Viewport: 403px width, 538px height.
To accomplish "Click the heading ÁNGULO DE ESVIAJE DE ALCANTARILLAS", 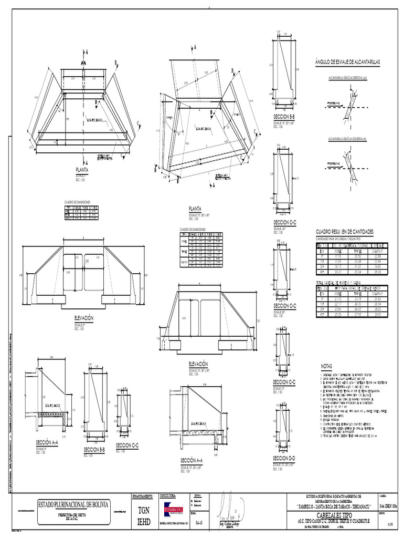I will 346,62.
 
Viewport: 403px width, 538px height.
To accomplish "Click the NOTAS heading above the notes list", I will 327,367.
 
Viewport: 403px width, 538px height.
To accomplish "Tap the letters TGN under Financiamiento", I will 143,511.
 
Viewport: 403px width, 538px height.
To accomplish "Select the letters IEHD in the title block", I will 143,522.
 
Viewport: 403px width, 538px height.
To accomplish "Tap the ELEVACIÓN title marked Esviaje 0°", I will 83,318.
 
